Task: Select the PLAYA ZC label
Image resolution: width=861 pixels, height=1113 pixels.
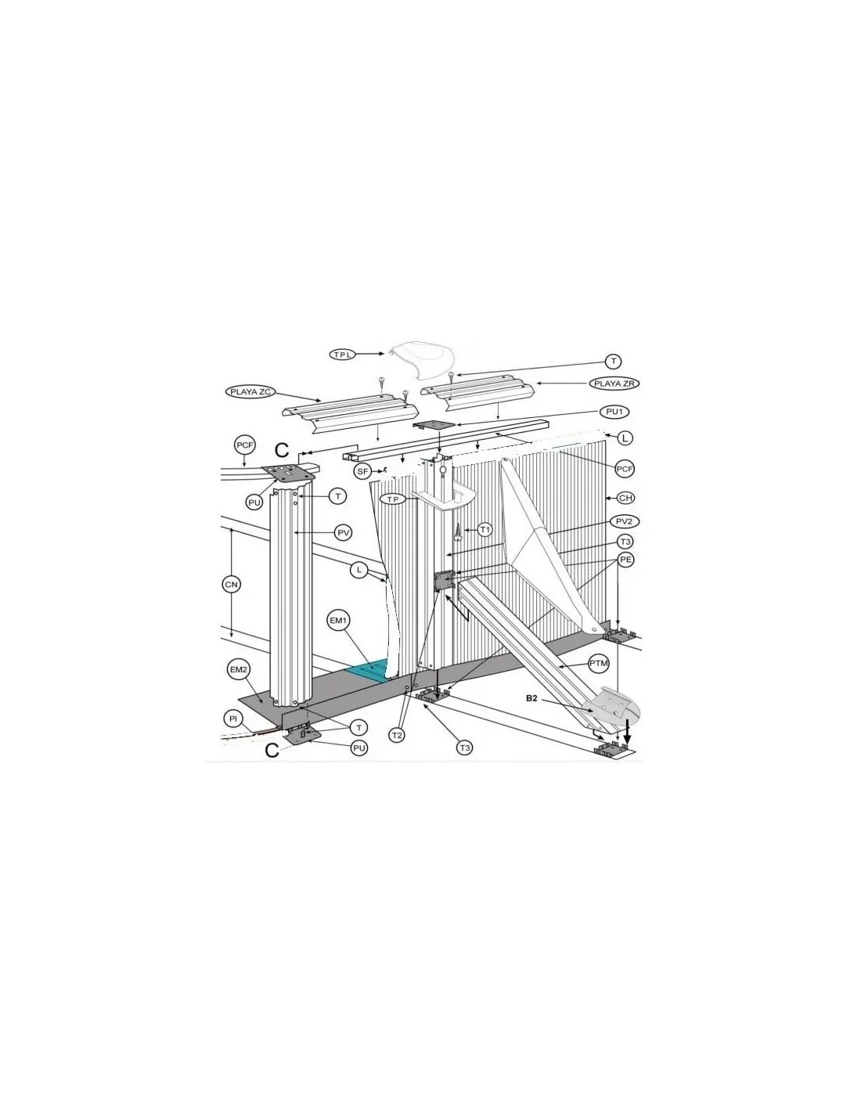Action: click(x=250, y=392)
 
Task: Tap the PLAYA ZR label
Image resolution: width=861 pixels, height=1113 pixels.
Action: click(x=614, y=383)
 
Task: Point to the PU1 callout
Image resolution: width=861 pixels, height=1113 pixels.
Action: click(x=614, y=412)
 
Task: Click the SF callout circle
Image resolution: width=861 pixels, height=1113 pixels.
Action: click(x=362, y=471)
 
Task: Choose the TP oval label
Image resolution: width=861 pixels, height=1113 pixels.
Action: click(x=393, y=499)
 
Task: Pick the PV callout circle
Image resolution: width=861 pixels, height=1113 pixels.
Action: click(x=343, y=533)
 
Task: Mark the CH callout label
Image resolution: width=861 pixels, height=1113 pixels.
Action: click(x=625, y=498)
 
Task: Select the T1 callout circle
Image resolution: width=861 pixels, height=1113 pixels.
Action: click(x=484, y=530)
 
